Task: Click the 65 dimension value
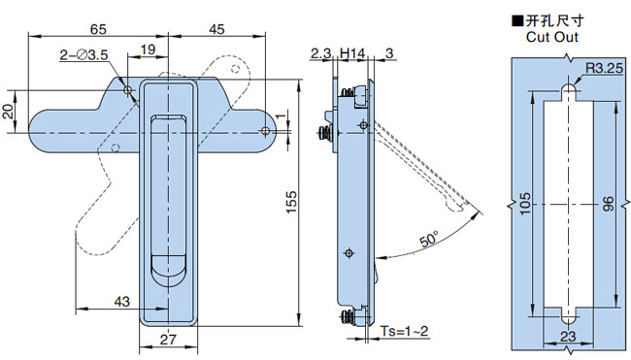tap(98, 29)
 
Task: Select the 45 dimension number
tap(216, 29)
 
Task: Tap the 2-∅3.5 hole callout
tap(84, 54)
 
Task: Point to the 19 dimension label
tap(148, 49)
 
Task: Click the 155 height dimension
tap(291, 202)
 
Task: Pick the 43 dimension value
tap(122, 301)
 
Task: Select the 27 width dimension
tap(168, 340)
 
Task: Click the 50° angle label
tap(429, 240)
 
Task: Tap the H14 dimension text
tap(352, 53)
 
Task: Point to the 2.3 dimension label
tap(320, 53)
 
